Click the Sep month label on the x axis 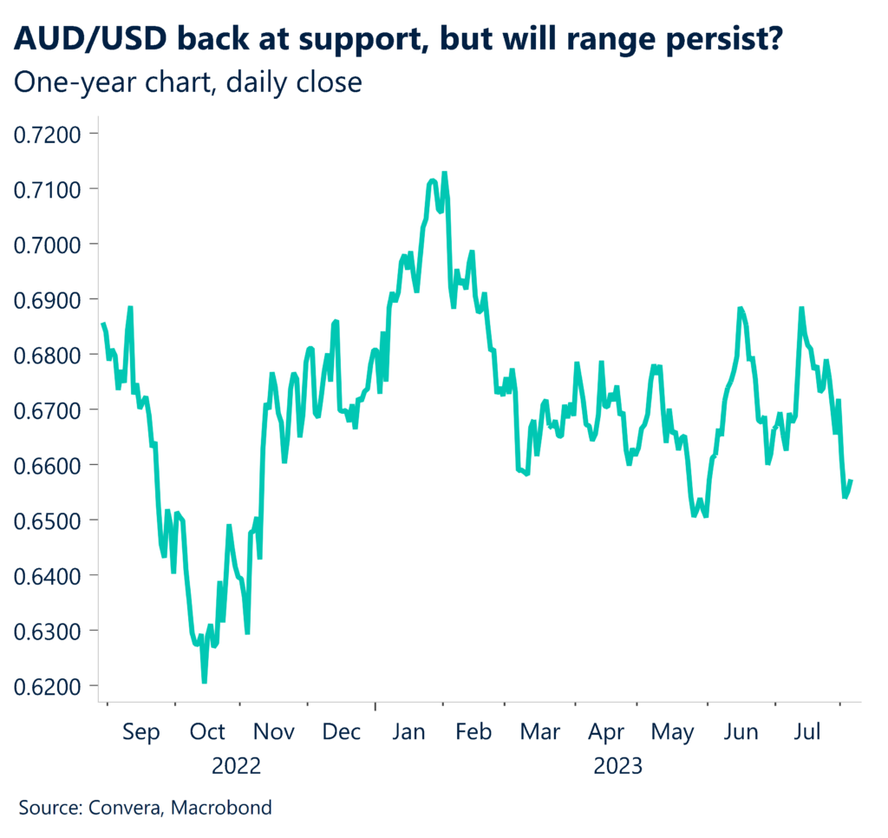point(140,732)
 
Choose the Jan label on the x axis point(408,732)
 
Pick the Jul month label point(808,732)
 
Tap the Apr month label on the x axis point(607,732)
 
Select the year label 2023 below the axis point(617,766)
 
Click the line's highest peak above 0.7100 point(445,173)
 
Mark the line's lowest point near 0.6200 point(205,682)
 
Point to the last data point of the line point(851,481)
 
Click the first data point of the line point(102,324)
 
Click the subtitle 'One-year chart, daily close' point(187,82)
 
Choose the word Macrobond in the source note point(221,808)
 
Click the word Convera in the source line point(123,808)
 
